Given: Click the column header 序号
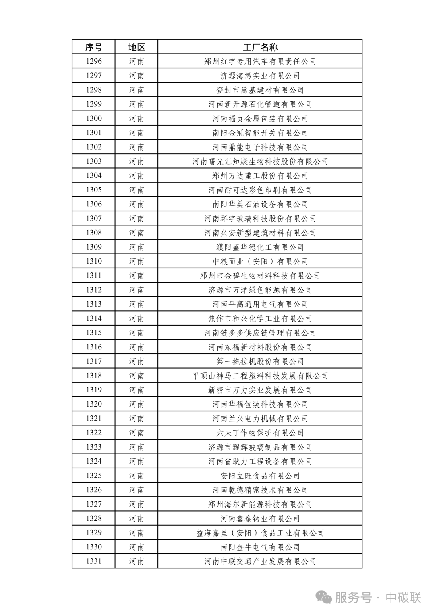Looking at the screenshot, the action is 93,47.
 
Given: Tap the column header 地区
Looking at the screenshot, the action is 137,47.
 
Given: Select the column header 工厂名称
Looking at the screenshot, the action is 260,47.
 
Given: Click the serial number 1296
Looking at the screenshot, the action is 93,62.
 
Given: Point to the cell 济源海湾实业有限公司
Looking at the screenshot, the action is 260,76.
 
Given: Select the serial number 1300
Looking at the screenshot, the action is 93,119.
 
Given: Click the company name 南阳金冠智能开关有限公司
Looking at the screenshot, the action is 260,133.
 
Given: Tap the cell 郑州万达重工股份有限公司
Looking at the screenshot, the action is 260,176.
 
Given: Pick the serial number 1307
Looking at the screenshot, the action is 93,219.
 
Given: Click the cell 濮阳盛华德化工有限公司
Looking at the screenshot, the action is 260,247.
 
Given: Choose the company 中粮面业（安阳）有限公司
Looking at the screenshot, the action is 260,262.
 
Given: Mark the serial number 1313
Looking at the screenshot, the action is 93,304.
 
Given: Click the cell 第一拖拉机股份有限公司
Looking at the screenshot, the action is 260,361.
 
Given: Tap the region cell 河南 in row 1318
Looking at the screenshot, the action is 137,376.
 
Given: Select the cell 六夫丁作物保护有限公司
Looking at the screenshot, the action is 260,433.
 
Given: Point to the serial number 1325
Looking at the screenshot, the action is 93,476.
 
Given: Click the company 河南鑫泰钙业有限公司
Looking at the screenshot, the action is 260,519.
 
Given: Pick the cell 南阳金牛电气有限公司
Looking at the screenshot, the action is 260,547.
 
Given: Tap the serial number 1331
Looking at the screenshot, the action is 93,561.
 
